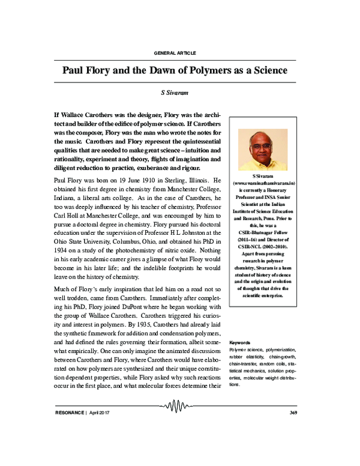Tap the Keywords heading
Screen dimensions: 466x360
(x=240, y=342)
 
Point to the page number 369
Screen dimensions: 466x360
(x=293, y=413)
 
